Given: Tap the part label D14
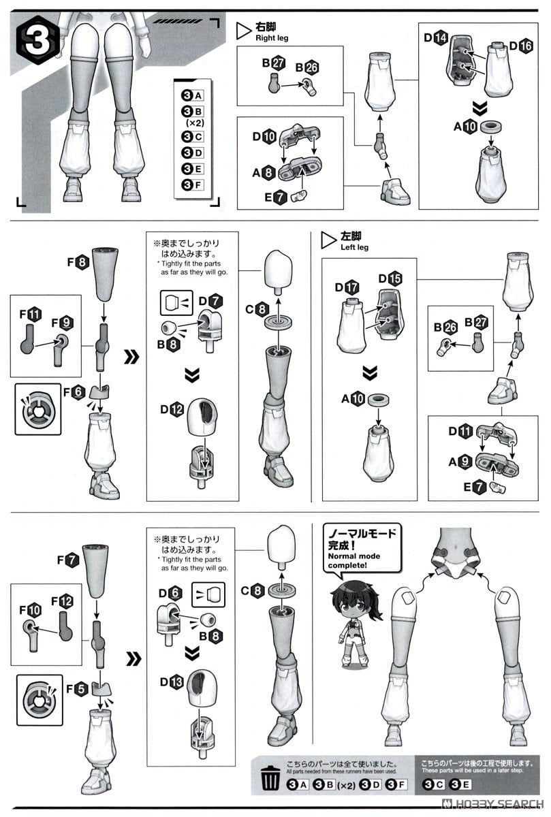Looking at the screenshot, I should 436,38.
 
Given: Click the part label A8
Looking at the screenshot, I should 264,173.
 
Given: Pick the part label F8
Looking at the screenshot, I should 77,261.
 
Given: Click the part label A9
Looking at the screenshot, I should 460,461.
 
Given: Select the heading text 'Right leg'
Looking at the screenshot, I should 272,38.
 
